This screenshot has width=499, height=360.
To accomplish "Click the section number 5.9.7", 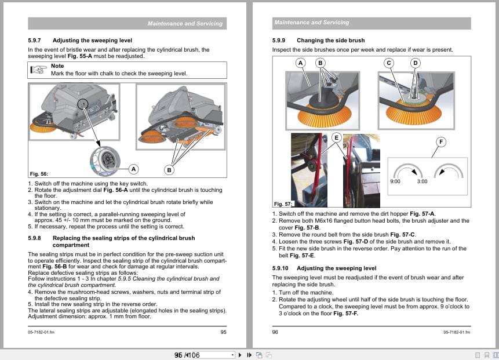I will click(35, 41).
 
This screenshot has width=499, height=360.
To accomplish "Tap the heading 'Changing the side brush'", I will click(330, 41).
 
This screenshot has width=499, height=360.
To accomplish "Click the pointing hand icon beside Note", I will click(39, 70).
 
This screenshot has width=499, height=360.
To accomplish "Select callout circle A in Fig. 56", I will click(134, 169).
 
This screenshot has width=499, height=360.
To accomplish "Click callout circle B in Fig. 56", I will click(169, 170).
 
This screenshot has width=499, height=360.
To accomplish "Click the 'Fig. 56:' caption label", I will click(38, 174).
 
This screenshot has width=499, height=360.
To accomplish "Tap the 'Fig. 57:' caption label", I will click(283, 203).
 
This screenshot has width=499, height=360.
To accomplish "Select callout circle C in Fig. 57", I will click(389, 63).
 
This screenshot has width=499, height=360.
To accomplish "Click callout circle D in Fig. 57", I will click(415, 63).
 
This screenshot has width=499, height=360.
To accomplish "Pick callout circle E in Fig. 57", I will click(336, 137).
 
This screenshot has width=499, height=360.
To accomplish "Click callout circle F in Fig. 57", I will click(442, 141).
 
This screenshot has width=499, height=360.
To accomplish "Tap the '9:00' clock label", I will click(395, 181).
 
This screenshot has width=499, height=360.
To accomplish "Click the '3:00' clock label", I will click(422, 181).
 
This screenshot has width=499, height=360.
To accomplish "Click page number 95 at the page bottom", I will click(223, 332).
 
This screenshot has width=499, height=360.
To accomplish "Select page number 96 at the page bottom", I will click(275, 332).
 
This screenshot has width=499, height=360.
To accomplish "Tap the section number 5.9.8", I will click(35, 238).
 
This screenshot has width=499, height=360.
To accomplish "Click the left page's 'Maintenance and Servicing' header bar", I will click(127, 24).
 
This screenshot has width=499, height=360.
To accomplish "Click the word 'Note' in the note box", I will click(57, 66).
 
